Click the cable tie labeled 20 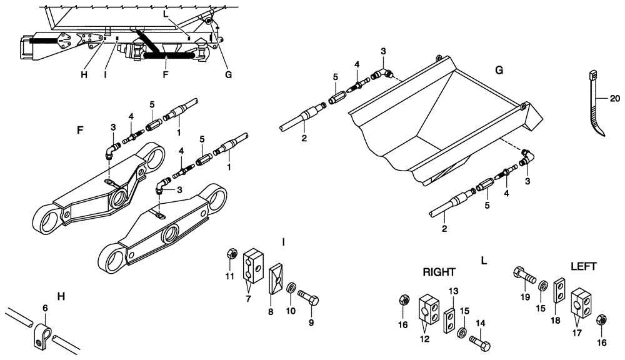click(x=597, y=106)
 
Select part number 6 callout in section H click(x=44, y=307)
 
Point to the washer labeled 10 click(x=291, y=288)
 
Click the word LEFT click(x=583, y=266)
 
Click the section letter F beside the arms click(x=79, y=131)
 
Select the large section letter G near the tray click(x=499, y=70)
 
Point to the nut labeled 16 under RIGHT click(x=404, y=302)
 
